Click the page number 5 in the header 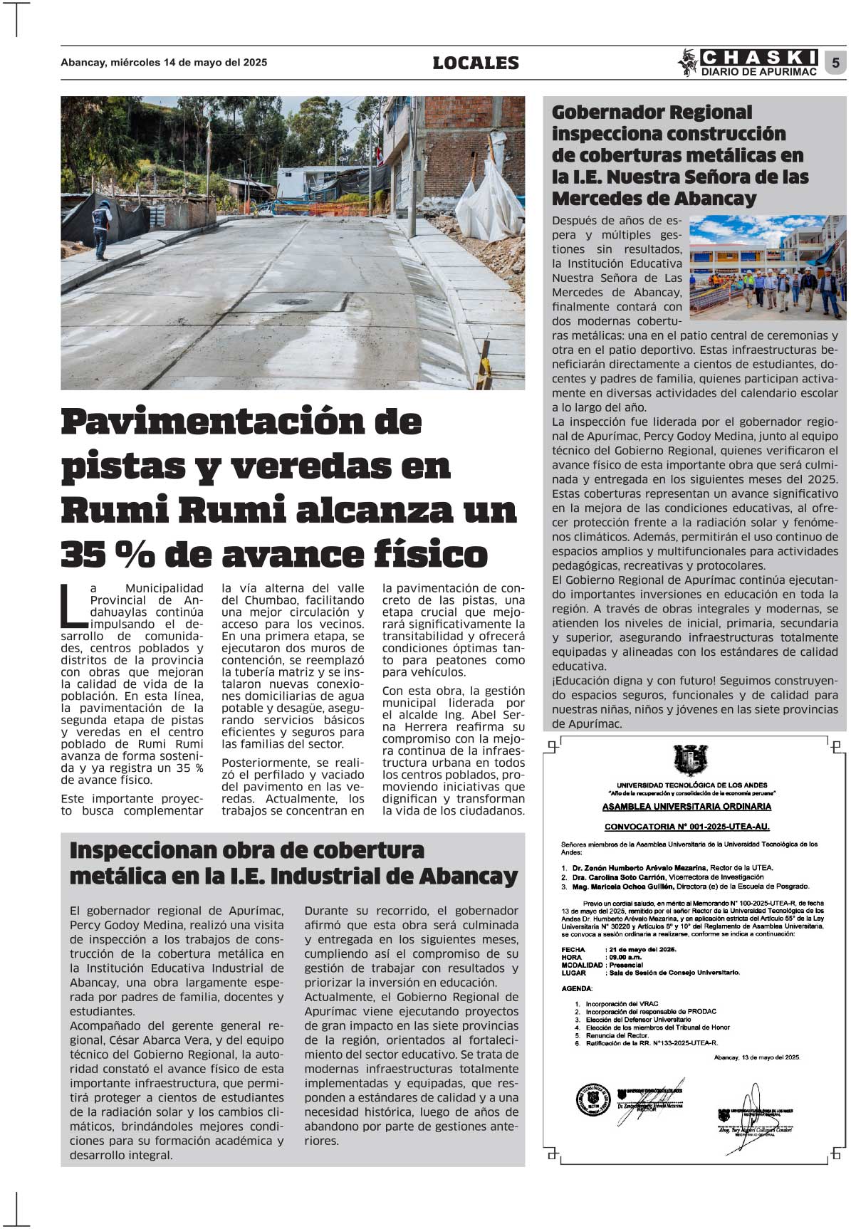(835, 63)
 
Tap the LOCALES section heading (476, 63)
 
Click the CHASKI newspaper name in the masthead (759, 57)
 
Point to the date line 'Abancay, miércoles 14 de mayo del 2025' (164, 63)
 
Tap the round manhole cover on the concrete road (293, 302)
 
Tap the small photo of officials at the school (768, 266)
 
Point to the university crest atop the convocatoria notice (689, 760)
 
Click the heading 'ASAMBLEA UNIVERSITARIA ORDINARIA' (686, 807)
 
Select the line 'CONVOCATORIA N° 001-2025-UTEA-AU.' (686, 827)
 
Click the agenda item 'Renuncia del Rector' (616, 1035)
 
